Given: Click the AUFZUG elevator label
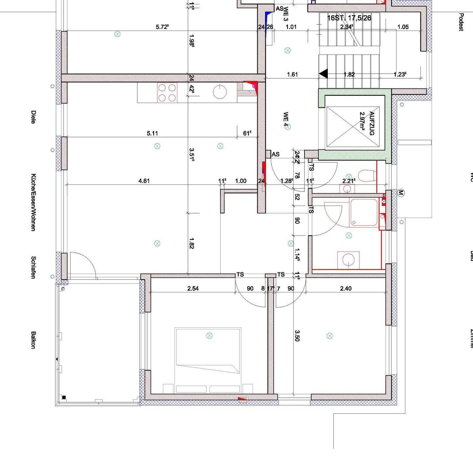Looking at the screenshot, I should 372,124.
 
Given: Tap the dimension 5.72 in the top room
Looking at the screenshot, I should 162,27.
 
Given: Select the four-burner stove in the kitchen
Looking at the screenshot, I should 167,92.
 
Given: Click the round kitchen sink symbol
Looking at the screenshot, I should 219,92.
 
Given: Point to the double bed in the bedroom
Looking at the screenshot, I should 208,360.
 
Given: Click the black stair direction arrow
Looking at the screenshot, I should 324,74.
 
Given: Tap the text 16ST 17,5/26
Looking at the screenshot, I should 349,18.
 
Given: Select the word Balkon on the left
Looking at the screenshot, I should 33,340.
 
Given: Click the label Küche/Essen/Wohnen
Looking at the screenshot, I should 33,202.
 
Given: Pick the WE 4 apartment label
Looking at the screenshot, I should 286,120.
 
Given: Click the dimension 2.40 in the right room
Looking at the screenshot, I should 346,288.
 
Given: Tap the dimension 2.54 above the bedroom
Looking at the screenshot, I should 193,288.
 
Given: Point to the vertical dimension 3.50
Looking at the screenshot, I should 297,335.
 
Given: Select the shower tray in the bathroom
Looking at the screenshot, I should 364,212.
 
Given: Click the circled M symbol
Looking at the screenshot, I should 400,193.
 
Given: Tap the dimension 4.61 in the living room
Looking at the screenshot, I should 144,181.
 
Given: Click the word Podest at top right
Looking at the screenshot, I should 461,22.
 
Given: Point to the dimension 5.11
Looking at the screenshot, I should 152,133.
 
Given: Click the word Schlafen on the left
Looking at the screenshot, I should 33,267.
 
